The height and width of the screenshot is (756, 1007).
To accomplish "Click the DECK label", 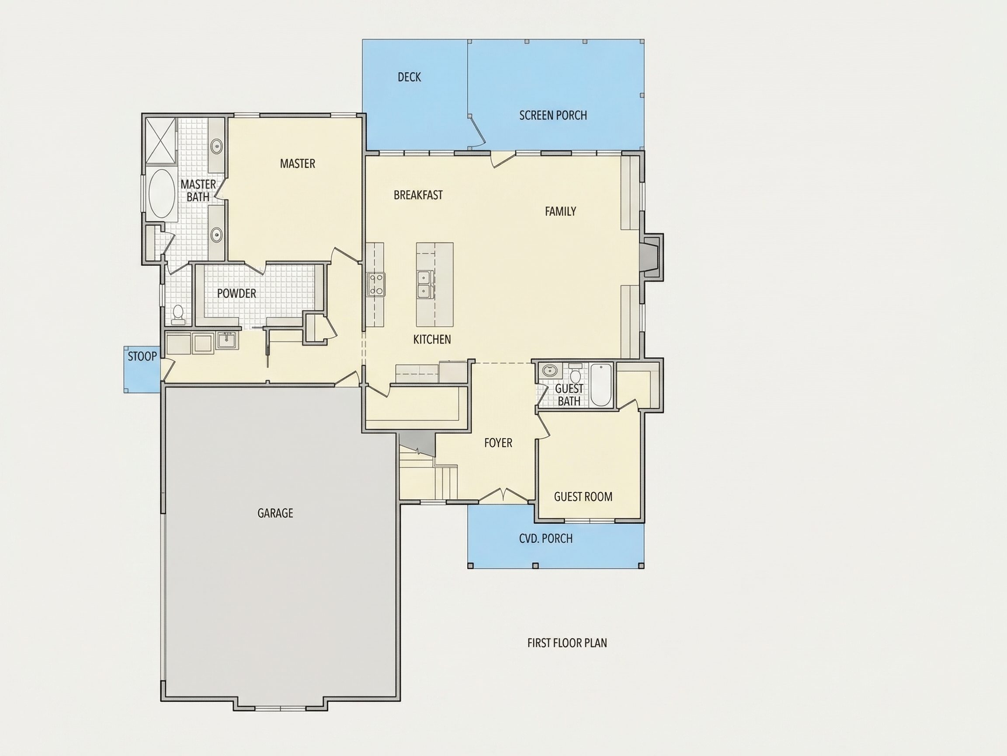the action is (409, 77).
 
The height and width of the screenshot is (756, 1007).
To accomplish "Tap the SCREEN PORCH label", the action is (553, 115).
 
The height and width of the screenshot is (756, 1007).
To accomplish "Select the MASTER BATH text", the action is (198, 190).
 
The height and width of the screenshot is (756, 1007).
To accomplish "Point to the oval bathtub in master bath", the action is (161, 193).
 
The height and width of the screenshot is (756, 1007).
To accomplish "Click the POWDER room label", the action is (236, 294).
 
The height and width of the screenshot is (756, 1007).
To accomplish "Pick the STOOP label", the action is (142, 357).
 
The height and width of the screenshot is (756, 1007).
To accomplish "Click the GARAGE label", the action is (275, 513).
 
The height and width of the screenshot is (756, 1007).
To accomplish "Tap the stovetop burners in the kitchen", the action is (376, 284).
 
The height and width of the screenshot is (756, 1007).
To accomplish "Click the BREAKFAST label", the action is (418, 195).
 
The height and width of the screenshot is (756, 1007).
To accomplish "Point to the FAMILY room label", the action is (560, 211).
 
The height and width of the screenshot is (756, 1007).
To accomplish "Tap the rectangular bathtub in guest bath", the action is (601, 385).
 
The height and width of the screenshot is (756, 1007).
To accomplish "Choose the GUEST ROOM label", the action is (583, 497).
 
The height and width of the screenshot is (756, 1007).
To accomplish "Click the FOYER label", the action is (498, 443).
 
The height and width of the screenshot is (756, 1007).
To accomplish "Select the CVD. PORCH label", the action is (546, 539).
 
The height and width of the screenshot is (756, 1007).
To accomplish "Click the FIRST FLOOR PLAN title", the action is (567, 643).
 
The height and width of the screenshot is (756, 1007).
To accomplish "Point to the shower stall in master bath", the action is (161, 140).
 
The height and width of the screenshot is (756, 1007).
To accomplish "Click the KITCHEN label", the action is (432, 339).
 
